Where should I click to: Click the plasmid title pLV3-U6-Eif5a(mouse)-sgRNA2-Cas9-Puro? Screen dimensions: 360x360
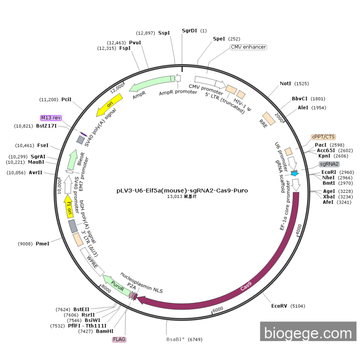point(182,190)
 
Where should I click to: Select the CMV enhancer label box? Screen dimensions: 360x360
point(248,47)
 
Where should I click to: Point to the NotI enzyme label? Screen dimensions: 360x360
point(285,83)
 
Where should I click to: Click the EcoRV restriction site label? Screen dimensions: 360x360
point(281,306)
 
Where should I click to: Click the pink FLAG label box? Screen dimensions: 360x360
point(119,339)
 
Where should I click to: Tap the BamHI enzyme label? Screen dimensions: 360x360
point(104,332)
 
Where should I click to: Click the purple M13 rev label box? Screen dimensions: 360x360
point(51,118)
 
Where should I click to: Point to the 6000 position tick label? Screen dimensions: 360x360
point(218,309)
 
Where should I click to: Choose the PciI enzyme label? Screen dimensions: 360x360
point(66,99)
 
